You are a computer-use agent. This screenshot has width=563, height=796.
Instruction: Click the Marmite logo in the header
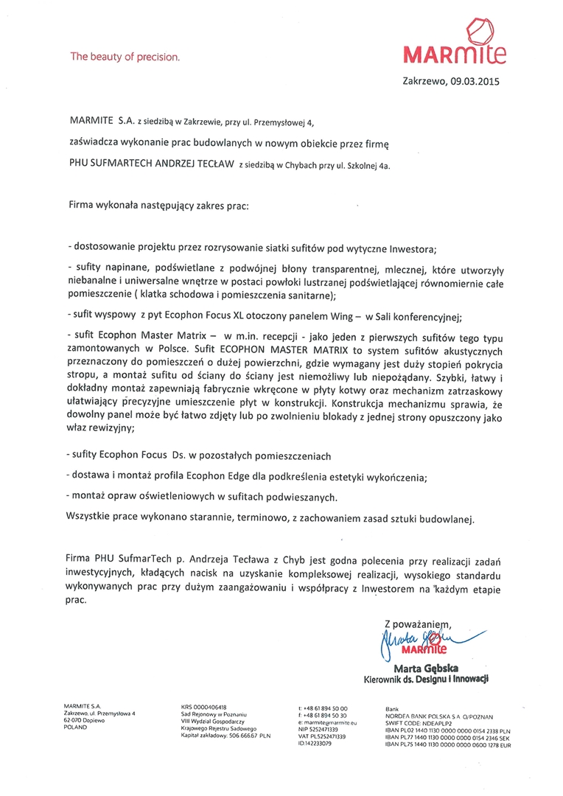(x=455, y=44)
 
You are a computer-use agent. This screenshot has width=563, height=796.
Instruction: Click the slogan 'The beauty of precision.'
(x=125, y=56)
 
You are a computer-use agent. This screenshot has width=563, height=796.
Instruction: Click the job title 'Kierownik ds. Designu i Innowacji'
(x=426, y=678)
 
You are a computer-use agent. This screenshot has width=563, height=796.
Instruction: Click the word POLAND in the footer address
(x=76, y=727)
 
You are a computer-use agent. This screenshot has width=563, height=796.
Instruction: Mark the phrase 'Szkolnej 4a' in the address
(x=366, y=167)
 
